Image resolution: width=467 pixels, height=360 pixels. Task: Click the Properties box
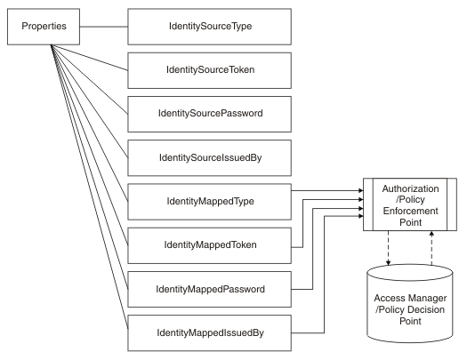(44, 26)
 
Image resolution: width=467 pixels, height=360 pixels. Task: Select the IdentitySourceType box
(209, 26)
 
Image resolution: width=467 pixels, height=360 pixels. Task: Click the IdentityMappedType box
(209, 200)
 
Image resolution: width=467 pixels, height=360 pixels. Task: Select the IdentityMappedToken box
(209, 243)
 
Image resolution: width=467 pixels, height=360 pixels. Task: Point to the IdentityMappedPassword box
(209, 288)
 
